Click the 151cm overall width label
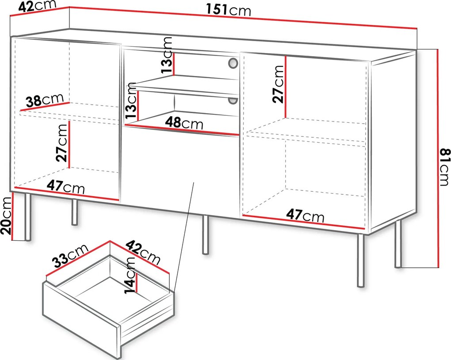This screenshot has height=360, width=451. tap(229, 10)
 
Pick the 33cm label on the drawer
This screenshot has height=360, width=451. tap(70, 256)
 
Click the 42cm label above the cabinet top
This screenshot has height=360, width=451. tap(37, 6)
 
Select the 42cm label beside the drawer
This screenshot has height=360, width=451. tap(143, 253)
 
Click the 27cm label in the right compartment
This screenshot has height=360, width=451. tap(278, 84)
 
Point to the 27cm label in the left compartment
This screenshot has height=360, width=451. tap(62, 143)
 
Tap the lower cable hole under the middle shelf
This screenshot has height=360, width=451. tap(233, 101)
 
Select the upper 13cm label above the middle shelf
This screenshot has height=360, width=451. tap(167, 55)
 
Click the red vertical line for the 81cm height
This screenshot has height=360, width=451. tap(437, 158)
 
